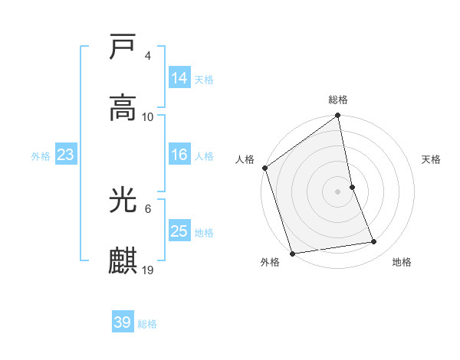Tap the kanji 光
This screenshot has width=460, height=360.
click(123, 201)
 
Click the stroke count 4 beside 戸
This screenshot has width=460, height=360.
click(147, 56)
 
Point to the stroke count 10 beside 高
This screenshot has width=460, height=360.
click(148, 116)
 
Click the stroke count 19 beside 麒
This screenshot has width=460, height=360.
click(148, 270)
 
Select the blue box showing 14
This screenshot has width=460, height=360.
click(179, 78)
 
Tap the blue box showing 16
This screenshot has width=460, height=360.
click(179, 155)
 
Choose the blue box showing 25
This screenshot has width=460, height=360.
click(179, 231)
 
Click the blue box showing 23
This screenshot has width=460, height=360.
click(65, 155)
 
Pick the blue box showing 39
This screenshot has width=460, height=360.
click(123, 322)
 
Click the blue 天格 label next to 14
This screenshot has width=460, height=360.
click(204, 79)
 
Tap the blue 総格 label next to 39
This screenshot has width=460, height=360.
click(147, 323)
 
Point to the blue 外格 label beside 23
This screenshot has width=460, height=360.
click(41, 155)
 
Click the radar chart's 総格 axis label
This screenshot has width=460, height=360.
click(338, 100)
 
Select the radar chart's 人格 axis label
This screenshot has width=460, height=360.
click(245, 159)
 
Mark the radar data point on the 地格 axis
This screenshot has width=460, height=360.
click(374, 242)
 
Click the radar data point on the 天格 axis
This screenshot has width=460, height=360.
click(352, 187)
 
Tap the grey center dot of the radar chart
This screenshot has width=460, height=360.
click(337, 191)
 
